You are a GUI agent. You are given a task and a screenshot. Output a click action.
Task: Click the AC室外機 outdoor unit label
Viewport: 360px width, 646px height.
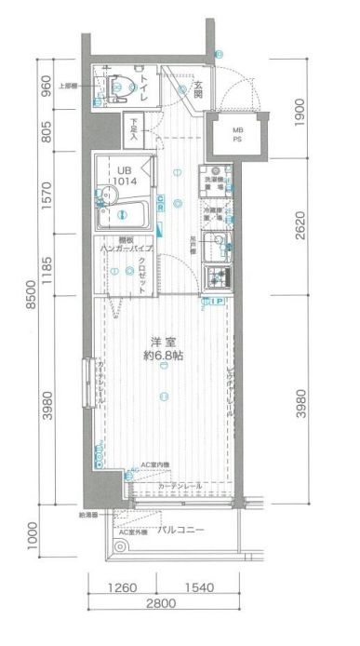tap(131, 532)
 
